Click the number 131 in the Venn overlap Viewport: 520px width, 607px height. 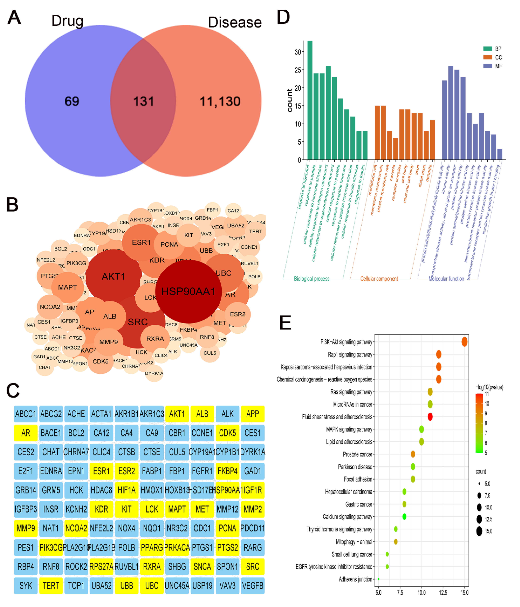point(144,101)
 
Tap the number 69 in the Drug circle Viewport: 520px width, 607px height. point(72,101)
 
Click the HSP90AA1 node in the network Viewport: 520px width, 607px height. point(188,292)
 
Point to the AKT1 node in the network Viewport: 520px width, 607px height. point(113,276)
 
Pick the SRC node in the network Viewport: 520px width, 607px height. point(138,322)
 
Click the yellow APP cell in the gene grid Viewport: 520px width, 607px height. point(252,414)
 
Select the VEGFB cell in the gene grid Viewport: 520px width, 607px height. point(252,586)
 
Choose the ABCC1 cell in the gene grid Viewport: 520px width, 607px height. point(26,414)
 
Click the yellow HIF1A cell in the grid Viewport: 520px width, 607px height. point(127,490)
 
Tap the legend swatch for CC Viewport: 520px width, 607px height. point(487,57)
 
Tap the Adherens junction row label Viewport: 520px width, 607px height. point(355,579)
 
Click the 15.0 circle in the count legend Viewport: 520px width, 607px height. point(479,531)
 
